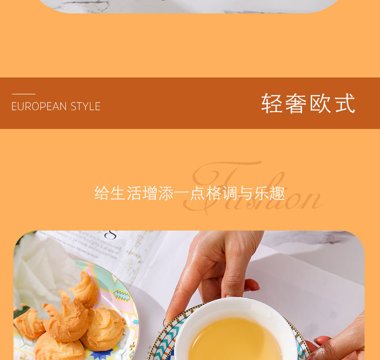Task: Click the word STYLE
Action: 86,106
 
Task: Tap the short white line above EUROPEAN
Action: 24,94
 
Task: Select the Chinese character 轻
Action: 271,103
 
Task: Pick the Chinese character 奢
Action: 295,103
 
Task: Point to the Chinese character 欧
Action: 320,103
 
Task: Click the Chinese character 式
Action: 345,103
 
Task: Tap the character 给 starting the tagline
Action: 102,193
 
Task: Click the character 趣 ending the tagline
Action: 278,193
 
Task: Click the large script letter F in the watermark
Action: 226,183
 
